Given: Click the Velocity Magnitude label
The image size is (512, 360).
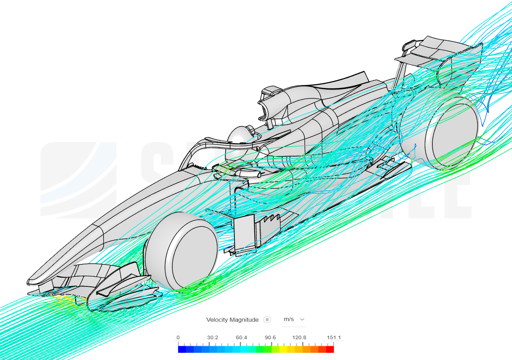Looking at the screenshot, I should pos(232,320).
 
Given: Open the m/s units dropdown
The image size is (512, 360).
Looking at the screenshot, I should pos(294,319).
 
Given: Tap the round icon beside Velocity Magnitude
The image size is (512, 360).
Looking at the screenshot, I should pos(267,320).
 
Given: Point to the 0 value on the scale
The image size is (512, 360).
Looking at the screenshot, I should pos(178,338).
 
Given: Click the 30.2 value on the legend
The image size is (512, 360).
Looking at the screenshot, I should pos(212,338).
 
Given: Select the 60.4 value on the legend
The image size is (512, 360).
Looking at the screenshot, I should pos(241,338).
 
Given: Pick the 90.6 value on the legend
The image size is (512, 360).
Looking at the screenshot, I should pos(270,338).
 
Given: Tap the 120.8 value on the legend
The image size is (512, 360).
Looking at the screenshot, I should pos(299,338).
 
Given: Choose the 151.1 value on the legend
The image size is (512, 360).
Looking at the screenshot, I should pos(334,338).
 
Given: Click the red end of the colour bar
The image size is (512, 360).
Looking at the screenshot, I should pos(330,349).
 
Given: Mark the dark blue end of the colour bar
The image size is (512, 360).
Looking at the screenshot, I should pos(182,349).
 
